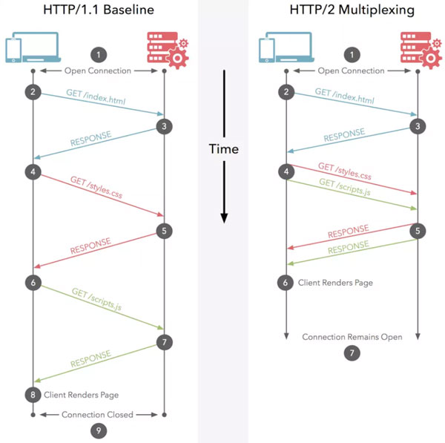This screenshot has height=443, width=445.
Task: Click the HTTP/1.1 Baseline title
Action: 99,10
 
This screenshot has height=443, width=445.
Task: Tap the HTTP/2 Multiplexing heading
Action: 352,10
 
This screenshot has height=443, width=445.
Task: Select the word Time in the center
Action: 224,149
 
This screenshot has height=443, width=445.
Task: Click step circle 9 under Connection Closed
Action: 99,431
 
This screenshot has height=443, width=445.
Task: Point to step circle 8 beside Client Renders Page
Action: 33,395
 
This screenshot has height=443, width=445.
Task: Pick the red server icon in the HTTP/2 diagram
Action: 421,50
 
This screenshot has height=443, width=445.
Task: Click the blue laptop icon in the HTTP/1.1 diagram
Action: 33,47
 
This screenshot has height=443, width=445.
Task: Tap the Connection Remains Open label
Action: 352,337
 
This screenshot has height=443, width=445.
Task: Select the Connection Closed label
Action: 97,415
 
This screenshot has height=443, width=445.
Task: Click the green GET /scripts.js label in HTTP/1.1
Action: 96,299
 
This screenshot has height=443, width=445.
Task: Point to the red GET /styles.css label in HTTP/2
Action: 345,171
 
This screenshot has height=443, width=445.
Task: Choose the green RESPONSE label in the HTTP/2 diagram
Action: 349,247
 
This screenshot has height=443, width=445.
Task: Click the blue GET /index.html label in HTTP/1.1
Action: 96,96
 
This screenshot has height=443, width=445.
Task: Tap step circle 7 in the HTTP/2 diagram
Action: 352,353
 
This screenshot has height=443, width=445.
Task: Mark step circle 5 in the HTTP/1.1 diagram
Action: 164,231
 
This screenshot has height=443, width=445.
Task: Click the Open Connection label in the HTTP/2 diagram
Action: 351,70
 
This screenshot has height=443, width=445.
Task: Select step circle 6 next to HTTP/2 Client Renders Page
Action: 286,283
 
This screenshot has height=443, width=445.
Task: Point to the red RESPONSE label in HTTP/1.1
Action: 90,246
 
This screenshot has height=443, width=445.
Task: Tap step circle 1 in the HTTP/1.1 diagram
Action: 99,55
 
